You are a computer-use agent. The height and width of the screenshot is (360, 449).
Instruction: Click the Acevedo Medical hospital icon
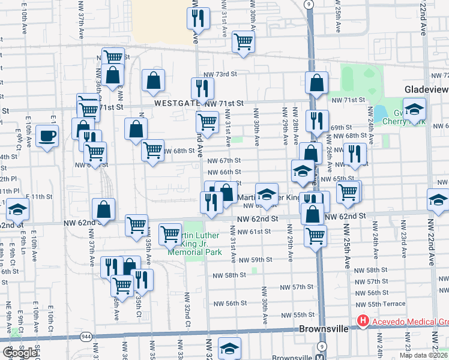363,322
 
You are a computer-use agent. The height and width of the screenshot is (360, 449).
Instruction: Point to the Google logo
20,353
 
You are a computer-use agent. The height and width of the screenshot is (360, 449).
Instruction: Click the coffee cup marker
47,136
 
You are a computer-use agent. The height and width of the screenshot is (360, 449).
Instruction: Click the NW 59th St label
255,260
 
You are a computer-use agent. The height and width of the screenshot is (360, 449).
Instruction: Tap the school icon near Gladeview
414,110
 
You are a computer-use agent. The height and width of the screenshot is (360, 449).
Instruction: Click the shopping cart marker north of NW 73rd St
243,41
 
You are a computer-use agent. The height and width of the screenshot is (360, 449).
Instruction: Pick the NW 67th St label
224,161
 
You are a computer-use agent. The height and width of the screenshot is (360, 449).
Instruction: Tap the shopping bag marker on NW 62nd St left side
104,209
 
